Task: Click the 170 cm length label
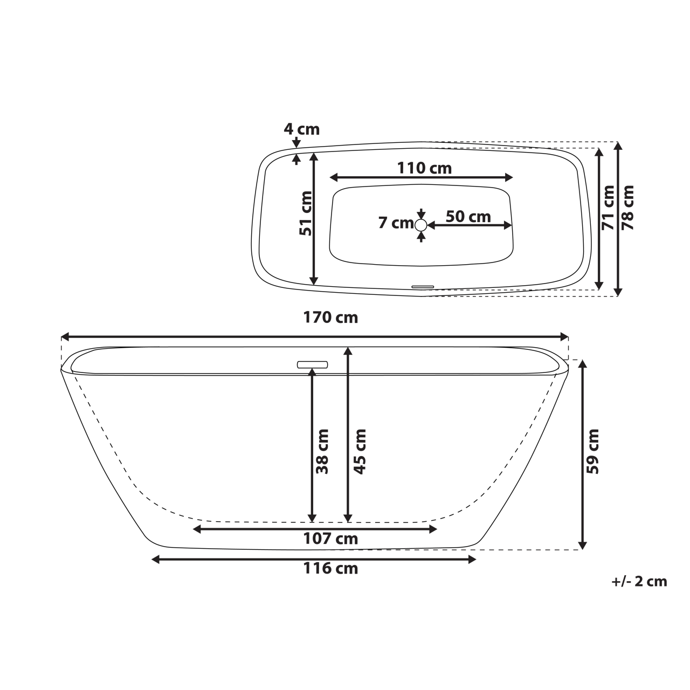coord(330,318)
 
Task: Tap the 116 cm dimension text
coord(330,568)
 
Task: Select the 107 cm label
coord(330,538)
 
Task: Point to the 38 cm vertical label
coord(322,451)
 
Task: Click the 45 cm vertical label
coord(360,451)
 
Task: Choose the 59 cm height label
coord(593,451)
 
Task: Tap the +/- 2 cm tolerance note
coord(639,582)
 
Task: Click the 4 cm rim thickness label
coord(302,129)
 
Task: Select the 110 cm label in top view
coord(424,168)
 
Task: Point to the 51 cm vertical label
coord(306,213)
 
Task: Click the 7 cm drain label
coord(395,223)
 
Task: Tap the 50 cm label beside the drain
coord(468,217)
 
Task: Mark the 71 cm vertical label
coord(608,208)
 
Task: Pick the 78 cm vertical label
coord(627,208)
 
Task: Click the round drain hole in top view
coord(421,225)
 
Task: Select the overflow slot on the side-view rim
coord(313,364)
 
